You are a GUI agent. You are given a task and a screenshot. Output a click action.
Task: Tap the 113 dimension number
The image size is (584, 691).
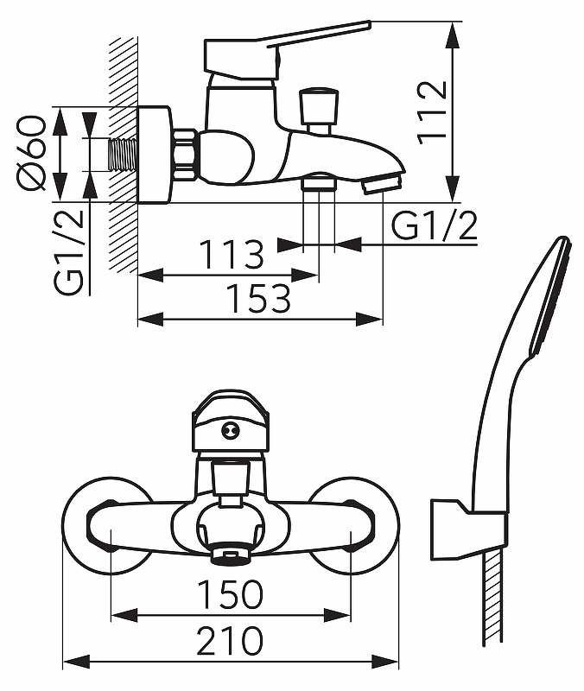231,256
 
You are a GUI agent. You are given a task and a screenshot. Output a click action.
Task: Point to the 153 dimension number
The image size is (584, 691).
258,299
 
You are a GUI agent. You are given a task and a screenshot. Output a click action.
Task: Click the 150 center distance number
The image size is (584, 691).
230,594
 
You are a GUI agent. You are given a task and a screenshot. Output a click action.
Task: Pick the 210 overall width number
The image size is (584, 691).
230,641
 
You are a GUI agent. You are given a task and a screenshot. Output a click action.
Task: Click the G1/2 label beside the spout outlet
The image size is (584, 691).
435,227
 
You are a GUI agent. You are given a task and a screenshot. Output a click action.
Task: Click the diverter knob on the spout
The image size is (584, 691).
319,107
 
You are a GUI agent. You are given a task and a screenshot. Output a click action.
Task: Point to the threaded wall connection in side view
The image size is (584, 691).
125,155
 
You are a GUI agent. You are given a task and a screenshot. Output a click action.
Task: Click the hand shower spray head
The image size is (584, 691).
549,294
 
